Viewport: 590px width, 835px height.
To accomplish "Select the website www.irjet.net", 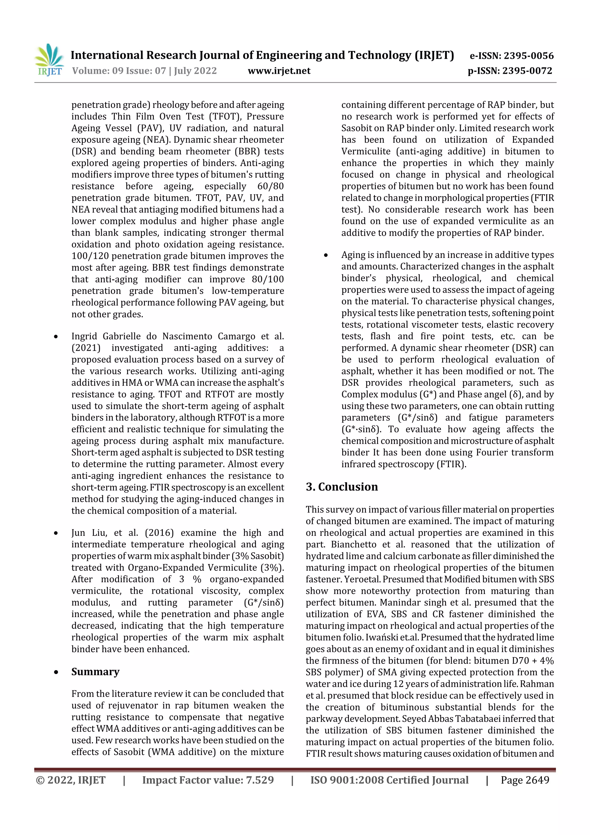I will [x=279, y=71].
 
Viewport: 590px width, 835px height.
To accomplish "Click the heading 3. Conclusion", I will [x=342, y=487].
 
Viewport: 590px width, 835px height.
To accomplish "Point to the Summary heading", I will [x=95, y=672].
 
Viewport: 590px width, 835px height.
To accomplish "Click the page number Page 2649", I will [x=525, y=780].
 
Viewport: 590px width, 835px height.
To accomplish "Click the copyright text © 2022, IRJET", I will [x=71, y=780].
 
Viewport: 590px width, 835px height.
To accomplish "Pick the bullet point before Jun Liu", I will [x=56, y=534].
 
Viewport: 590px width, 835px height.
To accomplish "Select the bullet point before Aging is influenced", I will [x=326, y=256].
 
